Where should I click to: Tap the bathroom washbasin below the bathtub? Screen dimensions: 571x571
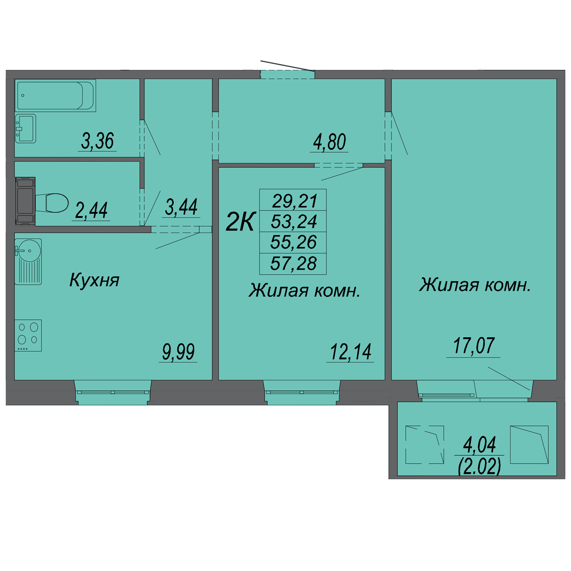[25, 128]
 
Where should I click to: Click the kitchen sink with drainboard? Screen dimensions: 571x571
[28, 261]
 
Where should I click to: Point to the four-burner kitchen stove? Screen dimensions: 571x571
[28, 335]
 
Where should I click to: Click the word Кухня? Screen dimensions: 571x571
[94, 280]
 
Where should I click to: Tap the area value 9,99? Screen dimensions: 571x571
[178, 352]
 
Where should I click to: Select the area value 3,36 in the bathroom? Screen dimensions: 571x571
[97, 141]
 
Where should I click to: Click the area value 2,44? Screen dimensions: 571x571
[91, 210]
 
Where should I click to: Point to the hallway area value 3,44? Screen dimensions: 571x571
[181, 207]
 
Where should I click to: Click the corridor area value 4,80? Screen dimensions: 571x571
[329, 142]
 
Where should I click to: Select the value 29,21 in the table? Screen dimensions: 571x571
[294, 201]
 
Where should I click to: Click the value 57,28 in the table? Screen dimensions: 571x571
[293, 263]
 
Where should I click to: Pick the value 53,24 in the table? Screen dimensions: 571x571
[294, 221]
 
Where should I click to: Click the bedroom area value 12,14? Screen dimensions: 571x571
[350, 352]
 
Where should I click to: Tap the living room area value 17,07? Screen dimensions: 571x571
[474, 346]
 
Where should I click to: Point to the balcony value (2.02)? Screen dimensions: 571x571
[479, 466]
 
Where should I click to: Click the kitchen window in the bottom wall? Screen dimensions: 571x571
[113, 392]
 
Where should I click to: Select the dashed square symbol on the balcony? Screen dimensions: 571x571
[424, 445]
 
